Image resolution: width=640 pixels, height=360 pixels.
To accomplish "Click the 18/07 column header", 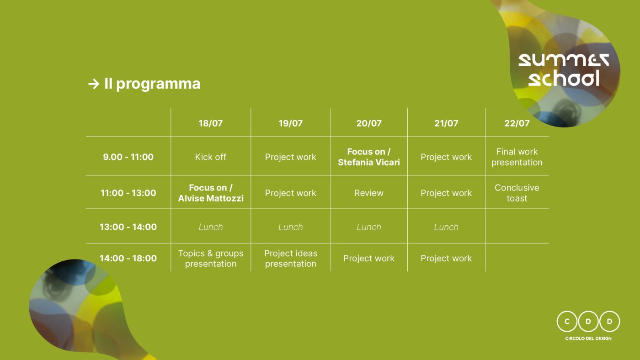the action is pyautogui.click(x=211, y=123).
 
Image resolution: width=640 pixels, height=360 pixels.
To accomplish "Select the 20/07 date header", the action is pyautogui.click(x=369, y=123).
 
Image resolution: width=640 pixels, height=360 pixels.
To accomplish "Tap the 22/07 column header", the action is pyautogui.click(x=517, y=123).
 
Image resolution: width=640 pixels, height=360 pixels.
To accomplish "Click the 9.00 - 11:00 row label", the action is pyautogui.click(x=128, y=157).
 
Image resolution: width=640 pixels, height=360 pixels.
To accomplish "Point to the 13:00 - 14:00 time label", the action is pyautogui.click(x=128, y=227).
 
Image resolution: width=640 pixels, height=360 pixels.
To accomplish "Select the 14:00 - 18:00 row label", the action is pyautogui.click(x=128, y=259).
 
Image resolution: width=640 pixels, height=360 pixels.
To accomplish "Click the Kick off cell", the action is pyautogui.click(x=211, y=157).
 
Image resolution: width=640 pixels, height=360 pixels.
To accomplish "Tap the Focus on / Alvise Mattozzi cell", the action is pyautogui.click(x=211, y=193).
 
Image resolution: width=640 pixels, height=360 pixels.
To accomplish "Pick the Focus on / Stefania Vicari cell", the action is pyautogui.click(x=369, y=157).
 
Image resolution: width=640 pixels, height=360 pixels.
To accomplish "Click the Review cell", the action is pyautogui.click(x=369, y=193).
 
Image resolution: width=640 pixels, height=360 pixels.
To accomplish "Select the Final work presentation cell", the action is pyautogui.click(x=517, y=157).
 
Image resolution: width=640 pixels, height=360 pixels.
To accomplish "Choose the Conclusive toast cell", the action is pyautogui.click(x=517, y=193).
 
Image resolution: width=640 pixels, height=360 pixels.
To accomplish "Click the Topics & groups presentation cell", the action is pyautogui.click(x=211, y=259).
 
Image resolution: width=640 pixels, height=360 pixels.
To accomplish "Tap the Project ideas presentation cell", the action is pyautogui.click(x=291, y=259).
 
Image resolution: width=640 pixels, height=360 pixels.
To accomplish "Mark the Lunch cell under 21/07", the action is pyautogui.click(x=446, y=227).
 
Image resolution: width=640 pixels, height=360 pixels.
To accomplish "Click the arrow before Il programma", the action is pyautogui.click(x=94, y=84).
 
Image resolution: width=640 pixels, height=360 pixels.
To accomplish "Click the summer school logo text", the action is pyautogui.click(x=563, y=70).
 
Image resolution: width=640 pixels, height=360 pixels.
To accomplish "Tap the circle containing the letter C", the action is pyautogui.click(x=567, y=322).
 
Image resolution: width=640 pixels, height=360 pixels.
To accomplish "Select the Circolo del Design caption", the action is pyautogui.click(x=588, y=339).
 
